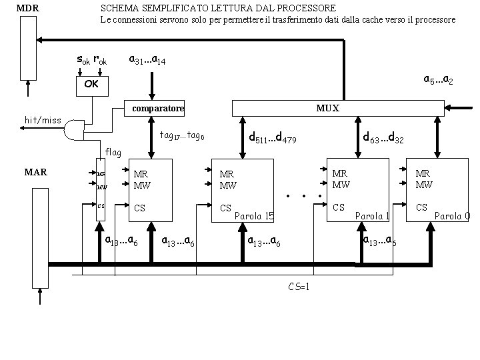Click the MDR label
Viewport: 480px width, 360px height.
coord(27,8)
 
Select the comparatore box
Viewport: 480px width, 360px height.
coord(157,108)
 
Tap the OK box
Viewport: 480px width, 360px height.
coord(91,85)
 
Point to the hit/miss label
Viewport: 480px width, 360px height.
coord(42,120)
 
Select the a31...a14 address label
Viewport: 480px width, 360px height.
coord(147,60)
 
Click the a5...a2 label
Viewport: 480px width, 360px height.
coord(439,80)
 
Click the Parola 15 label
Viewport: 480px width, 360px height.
coord(255,216)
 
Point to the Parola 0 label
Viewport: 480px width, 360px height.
coord(453,216)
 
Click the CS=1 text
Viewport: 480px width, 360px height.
coord(299,287)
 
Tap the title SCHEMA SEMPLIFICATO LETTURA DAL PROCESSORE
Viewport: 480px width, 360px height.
coord(217,8)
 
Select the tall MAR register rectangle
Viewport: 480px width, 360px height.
coord(39,247)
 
